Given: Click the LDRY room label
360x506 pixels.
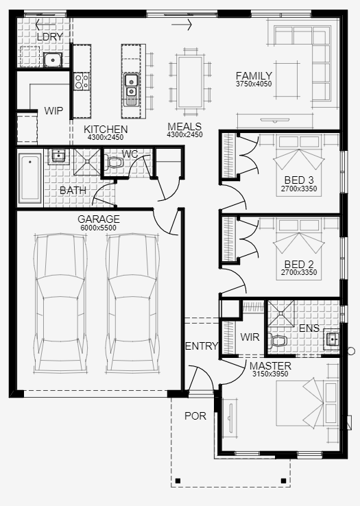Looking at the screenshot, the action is pos(50,37).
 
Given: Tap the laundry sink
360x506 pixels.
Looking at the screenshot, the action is pos(53,60).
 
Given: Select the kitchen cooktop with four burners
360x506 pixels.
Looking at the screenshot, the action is pos(81,81).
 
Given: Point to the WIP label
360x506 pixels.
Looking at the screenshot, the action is pos(53,110).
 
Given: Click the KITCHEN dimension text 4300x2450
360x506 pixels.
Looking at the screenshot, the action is pos(105,138).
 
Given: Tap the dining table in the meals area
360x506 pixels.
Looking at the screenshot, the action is pos(190,82).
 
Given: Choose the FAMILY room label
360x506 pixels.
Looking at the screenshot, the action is pos(254,76).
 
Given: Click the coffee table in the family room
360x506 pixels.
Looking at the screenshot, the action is pos(287,80).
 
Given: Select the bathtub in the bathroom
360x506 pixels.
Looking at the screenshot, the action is pos(30,178).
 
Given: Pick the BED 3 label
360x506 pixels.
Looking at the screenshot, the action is pos(299,180).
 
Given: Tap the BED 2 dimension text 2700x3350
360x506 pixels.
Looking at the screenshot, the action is pos(299,272).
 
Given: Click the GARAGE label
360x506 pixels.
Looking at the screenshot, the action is pos(99,219).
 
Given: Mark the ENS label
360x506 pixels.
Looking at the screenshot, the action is pos(309,328).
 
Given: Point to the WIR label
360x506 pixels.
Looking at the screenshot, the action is pos(250,337).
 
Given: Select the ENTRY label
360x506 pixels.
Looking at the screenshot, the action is pos(202,346).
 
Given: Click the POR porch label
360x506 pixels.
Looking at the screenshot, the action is pos(195,416).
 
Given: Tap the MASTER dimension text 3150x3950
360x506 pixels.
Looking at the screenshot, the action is pos(270,374).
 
